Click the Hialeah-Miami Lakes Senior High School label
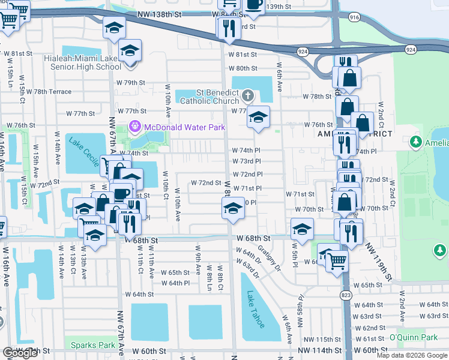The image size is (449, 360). pyautogui.click(x=83, y=63)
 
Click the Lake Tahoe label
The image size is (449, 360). pyautogui.click(x=255, y=310)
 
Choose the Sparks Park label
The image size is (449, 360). pyautogui.click(x=92, y=345)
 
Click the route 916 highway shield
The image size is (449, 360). pyautogui.click(x=354, y=19)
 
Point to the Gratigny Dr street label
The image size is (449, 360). pyautogui.click(x=270, y=257)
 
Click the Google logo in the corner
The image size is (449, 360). pyautogui.click(x=20, y=353)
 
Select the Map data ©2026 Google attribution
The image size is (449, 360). pyautogui.click(x=412, y=355)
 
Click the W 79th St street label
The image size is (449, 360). pyautogui.click(x=131, y=82)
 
